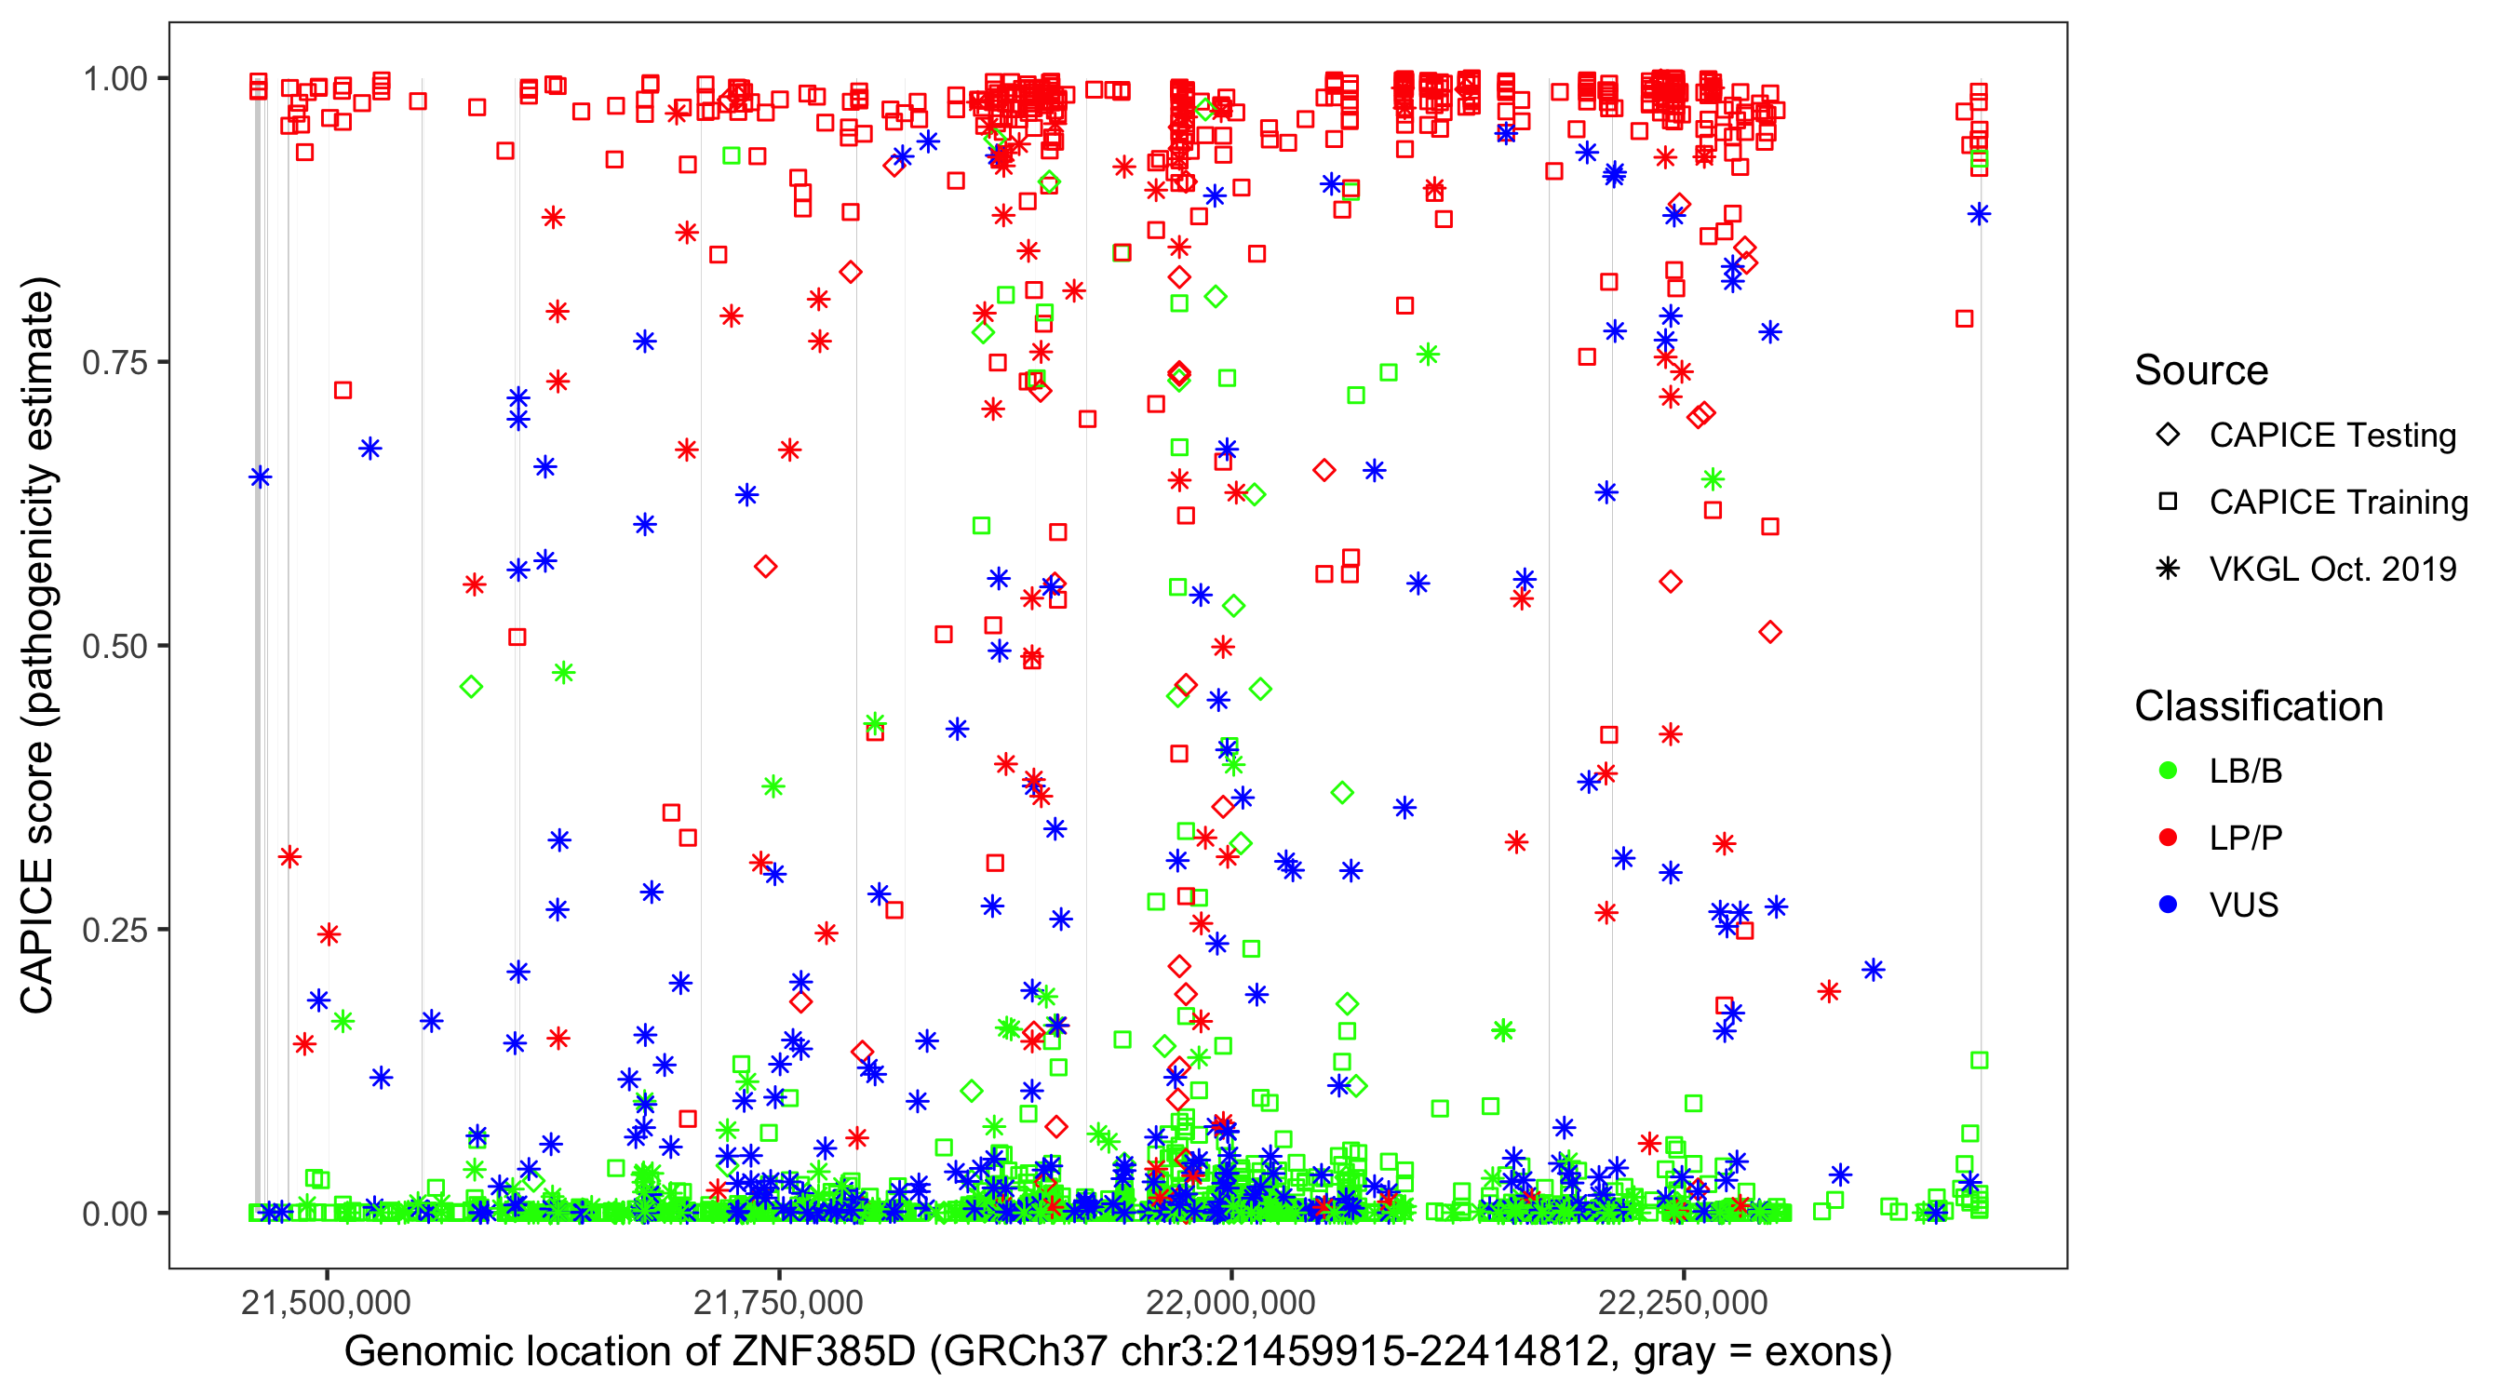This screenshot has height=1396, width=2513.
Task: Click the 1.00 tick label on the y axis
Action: (114, 79)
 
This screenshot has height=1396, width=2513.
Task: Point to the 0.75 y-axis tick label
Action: (114, 363)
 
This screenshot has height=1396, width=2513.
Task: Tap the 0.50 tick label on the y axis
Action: (114, 647)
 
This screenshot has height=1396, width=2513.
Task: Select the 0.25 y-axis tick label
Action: (114, 930)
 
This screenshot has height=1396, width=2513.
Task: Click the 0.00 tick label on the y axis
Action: (114, 1214)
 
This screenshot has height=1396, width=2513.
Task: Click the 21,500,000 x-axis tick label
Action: (326, 1302)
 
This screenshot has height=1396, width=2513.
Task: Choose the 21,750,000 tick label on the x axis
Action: (778, 1302)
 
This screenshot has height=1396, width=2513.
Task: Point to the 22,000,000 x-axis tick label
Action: (1231, 1302)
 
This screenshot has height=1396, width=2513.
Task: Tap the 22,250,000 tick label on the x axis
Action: (1683, 1302)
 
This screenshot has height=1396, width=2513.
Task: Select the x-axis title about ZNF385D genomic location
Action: (1118, 1352)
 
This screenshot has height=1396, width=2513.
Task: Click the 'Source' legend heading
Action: (2201, 370)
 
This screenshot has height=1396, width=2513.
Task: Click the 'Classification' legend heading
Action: (2258, 706)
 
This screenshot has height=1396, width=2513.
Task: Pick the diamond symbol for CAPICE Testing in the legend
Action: (2168, 436)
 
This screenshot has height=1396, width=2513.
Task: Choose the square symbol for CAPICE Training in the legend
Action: (2168, 503)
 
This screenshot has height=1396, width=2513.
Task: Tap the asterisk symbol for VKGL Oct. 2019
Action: (2168, 569)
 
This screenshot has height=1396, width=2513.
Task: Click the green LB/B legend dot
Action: (2168, 771)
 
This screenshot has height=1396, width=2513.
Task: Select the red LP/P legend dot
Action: (2168, 838)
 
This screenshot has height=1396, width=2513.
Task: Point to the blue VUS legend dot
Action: (2168, 905)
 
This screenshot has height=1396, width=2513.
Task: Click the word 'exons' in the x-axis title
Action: (1821, 1352)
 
